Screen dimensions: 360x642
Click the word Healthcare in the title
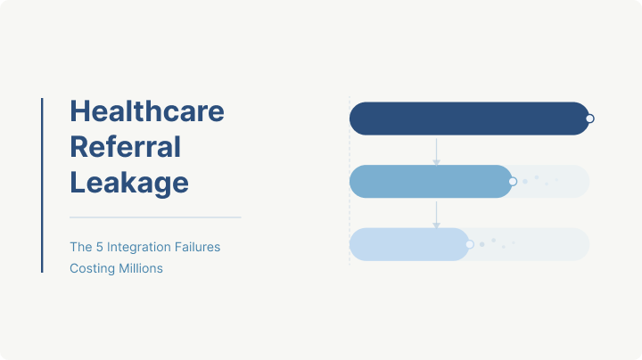tap(147, 111)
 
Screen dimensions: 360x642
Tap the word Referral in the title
tap(125, 147)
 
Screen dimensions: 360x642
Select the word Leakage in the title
tap(129, 183)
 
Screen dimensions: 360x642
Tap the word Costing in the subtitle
tap(92, 268)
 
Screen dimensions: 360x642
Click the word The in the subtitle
tap(81, 247)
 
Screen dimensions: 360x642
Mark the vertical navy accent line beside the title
tap(42, 184)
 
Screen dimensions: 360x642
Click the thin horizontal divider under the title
tap(155, 217)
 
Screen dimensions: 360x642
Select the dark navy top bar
tap(468, 119)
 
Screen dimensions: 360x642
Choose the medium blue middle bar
tap(430, 181)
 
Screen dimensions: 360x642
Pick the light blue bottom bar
tap(408, 244)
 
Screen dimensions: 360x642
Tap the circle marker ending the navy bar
tap(589, 119)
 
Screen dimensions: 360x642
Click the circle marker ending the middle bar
tap(513, 181)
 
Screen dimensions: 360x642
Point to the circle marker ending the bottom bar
tap(470, 244)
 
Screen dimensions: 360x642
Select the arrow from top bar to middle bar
tap(436, 151)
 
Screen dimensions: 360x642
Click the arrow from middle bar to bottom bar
tap(436, 214)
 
